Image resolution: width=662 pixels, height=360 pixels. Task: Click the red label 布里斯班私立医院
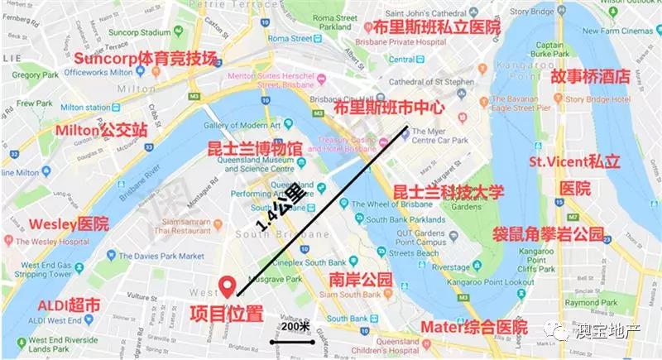pyautogui.click(x=437, y=26)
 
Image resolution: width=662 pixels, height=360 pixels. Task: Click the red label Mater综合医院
pyautogui.click(x=473, y=326)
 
